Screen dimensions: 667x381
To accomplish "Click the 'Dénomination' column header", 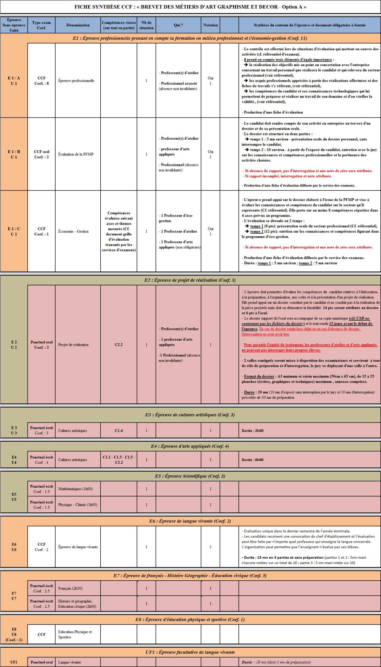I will pyautogui.click(x=78, y=25).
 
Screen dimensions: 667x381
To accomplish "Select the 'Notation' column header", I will pyautogui.click(x=210, y=25).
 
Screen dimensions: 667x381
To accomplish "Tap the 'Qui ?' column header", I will pyautogui.click(x=178, y=25).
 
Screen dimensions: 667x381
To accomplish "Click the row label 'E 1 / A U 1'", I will pyautogui.click(x=14, y=81).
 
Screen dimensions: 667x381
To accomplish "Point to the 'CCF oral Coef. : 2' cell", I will pyautogui.click(x=42, y=154).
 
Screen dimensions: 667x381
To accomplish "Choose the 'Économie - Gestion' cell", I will pyautogui.click(x=73, y=231).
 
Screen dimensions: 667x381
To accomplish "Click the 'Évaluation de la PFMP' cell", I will pyautogui.click(x=76, y=154).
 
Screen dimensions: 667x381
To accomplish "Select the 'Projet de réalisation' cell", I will pyautogui.click(x=73, y=345).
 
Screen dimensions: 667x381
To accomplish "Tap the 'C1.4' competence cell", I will pyautogui.click(x=119, y=431).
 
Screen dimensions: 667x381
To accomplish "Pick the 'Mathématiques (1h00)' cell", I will pyautogui.click(x=76, y=489).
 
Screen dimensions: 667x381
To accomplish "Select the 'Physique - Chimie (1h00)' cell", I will pyautogui.click(x=78, y=505).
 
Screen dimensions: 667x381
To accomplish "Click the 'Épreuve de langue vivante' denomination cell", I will pyautogui.click(x=78, y=547).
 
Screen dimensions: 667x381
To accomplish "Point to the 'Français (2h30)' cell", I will pyautogui.click(x=70, y=589).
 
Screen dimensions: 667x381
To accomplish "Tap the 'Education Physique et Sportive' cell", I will pyautogui.click(x=75, y=634).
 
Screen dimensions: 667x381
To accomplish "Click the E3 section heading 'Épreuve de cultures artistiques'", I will pyautogui.click(x=190, y=415).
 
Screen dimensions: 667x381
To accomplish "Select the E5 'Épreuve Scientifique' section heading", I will pyautogui.click(x=190, y=476).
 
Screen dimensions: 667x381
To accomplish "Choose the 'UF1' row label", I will pyautogui.click(x=14, y=662).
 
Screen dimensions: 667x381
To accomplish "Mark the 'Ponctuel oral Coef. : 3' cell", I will pyautogui.click(x=42, y=345).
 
